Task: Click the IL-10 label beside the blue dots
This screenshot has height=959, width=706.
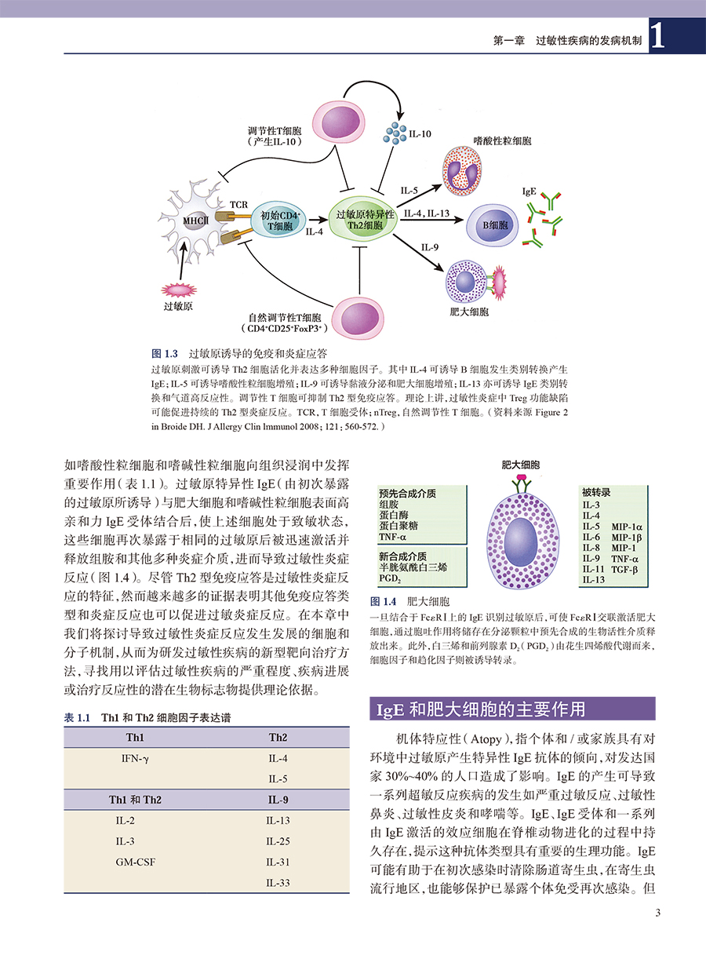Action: click(x=420, y=134)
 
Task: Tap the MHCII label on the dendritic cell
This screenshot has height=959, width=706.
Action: click(x=195, y=221)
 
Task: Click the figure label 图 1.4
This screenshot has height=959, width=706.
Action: click(x=383, y=602)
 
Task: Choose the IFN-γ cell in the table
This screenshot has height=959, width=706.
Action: click(x=135, y=759)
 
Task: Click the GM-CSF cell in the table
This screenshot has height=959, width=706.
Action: click(x=135, y=861)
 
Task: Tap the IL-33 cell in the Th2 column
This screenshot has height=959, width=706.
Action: click(x=278, y=882)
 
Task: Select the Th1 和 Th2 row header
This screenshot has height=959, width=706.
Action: click(x=135, y=800)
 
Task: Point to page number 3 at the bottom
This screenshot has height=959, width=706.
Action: click(x=657, y=912)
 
